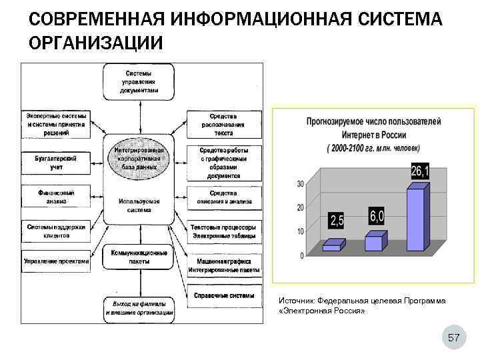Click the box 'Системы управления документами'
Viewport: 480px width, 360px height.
point(139,81)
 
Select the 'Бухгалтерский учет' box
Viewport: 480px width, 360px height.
point(56,163)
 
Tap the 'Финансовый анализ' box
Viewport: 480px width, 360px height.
point(56,197)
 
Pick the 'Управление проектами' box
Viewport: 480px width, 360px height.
point(56,261)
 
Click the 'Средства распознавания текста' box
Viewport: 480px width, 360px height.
point(224,125)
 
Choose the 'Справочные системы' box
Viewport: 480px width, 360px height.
point(224,295)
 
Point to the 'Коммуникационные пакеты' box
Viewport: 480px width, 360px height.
point(139,257)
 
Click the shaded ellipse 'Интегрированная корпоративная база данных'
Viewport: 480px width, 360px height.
point(139,159)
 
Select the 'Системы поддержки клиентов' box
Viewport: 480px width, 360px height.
point(56,231)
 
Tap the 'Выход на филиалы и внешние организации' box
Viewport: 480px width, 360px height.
point(139,308)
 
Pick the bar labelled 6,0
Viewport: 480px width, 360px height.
point(374,242)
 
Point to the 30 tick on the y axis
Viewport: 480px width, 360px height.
point(301,184)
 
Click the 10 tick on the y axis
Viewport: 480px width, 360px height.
point(301,231)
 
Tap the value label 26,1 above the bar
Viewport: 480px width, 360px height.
point(420,172)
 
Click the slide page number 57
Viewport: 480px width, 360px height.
point(454,339)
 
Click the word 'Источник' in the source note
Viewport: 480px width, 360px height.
point(296,301)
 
